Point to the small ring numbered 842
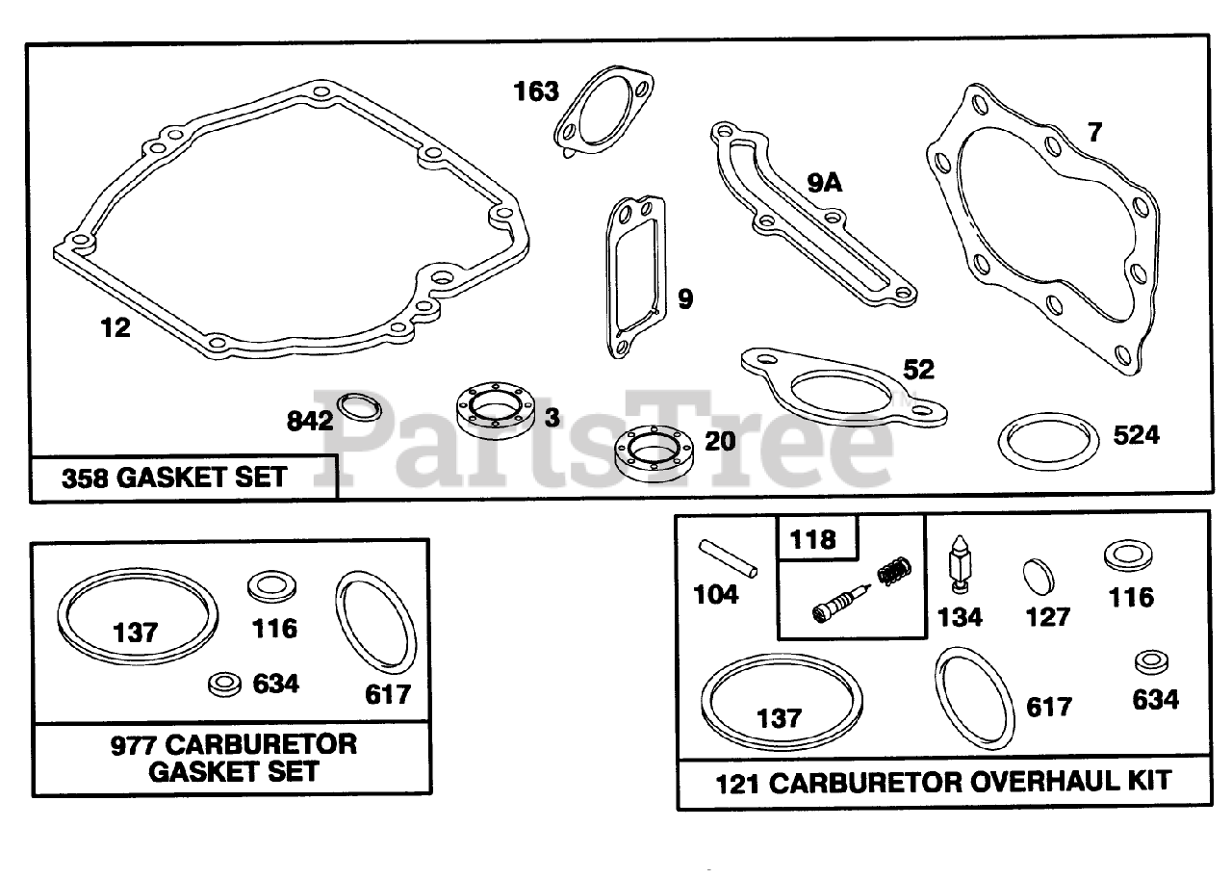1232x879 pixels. (x=359, y=407)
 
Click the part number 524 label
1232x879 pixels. (x=1137, y=435)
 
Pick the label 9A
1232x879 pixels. (x=824, y=181)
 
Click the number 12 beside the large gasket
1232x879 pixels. (x=115, y=328)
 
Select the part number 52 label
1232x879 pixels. (x=918, y=369)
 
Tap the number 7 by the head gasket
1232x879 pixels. (x=1094, y=133)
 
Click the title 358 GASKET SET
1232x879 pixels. (x=173, y=478)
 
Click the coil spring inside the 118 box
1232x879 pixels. (x=892, y=575)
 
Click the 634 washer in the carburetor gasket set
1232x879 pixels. (x=225, y=685)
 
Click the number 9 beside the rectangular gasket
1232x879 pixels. (x=684, y=299)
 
